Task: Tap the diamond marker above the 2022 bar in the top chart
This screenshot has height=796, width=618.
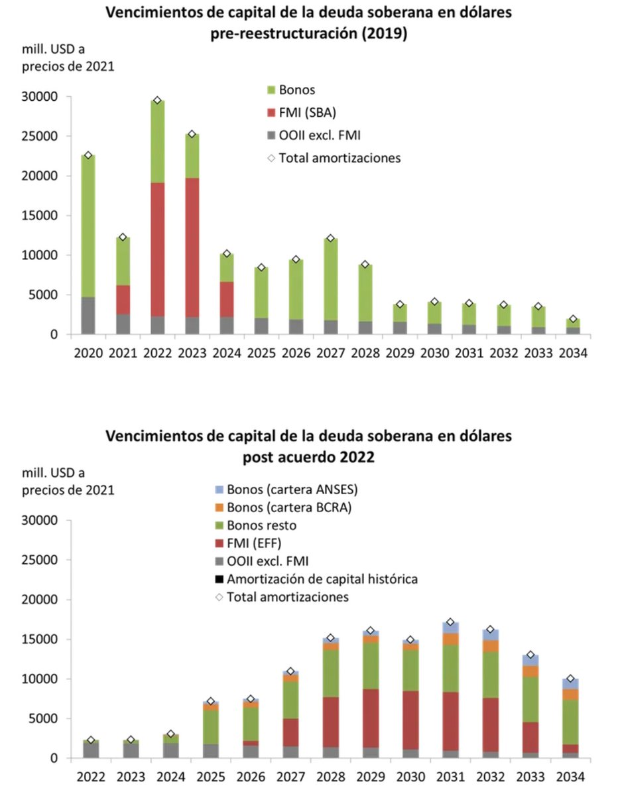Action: [x=157, y=100]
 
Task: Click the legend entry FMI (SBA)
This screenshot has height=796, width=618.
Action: [x=302, y=112]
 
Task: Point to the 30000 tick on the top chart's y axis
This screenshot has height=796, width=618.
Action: [x=46, y=97]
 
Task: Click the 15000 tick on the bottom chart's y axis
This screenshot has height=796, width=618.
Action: [x=46, y=639]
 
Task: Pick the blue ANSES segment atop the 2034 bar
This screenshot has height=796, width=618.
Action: [x=570, y=684]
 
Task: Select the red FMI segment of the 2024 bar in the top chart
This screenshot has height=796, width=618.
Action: [x=226, y=299]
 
